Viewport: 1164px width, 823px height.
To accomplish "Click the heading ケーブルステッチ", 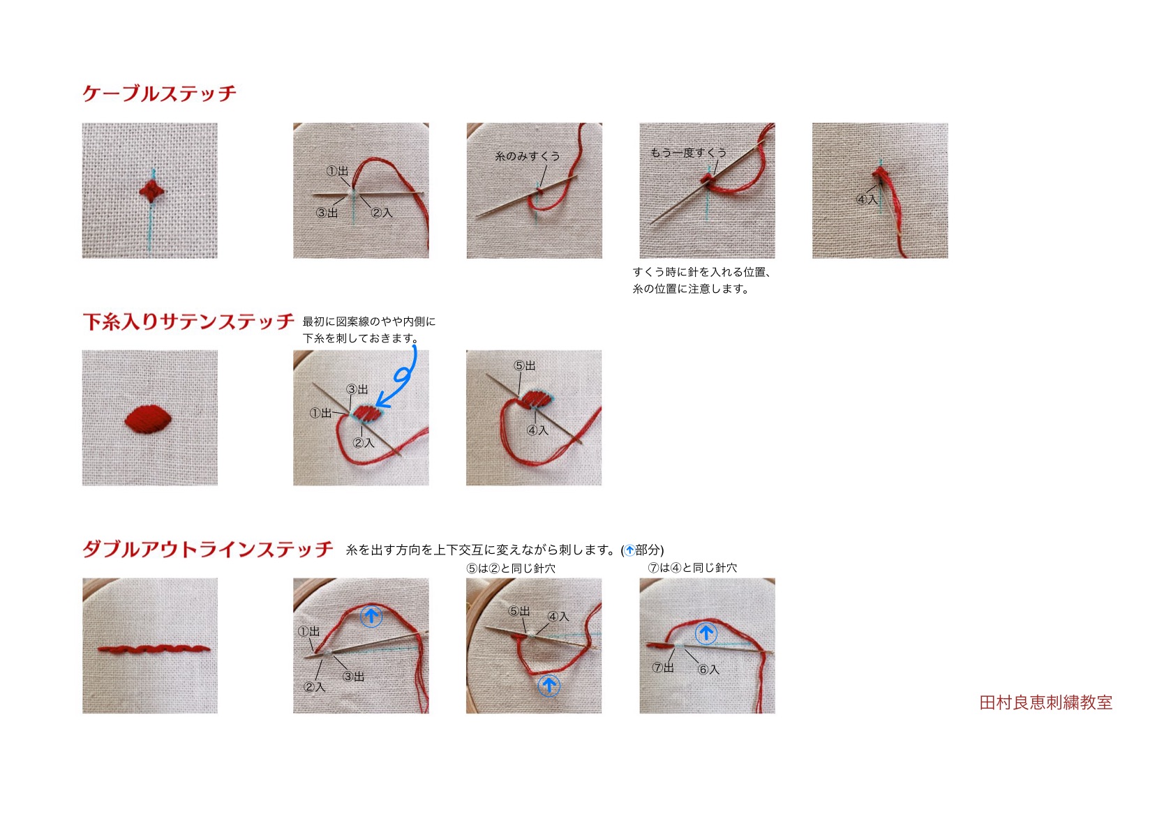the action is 159,93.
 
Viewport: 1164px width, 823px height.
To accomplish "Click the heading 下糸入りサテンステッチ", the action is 188,322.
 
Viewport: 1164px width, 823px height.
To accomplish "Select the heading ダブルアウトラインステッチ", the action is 207,549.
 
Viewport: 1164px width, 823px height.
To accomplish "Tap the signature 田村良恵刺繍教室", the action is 1045,702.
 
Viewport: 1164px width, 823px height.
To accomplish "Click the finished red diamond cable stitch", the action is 151,191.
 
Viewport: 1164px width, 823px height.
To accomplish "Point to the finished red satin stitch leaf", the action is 148,419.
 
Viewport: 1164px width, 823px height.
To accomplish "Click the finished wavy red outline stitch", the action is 154,649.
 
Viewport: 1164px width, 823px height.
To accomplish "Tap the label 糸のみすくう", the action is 528,156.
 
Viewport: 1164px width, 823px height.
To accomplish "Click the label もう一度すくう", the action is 689,153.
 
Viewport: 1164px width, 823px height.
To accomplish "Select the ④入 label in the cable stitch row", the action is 867,199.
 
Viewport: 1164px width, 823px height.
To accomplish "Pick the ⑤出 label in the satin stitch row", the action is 524,365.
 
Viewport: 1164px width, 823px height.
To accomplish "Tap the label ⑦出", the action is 663,667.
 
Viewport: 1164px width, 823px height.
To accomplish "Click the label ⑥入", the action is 708,670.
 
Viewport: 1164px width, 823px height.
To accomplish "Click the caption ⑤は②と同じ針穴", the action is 511,568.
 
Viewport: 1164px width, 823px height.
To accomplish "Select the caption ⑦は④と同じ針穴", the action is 692,568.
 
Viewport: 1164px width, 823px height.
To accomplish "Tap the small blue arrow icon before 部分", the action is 629,550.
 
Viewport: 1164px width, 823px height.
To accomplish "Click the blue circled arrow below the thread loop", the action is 549,686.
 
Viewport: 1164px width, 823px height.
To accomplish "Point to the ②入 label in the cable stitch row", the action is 382,212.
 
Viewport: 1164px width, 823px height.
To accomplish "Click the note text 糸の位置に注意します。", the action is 691,289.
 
